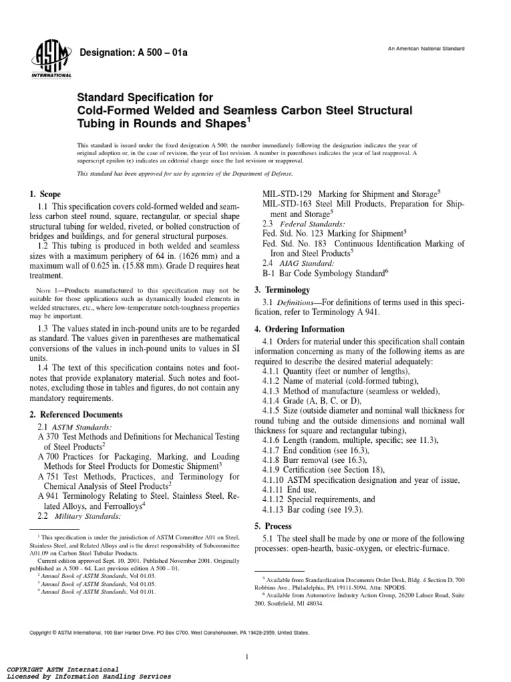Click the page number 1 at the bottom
tap(246, 639)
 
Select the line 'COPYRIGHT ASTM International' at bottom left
tap(63, 668)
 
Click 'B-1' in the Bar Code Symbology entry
tap(270, 273)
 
